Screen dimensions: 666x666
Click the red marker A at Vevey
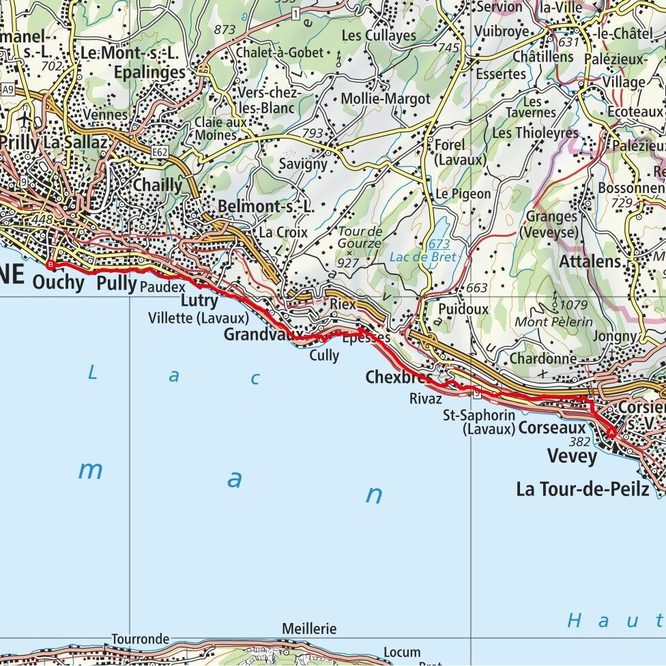pos(611,433)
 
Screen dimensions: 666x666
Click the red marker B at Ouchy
pos(49,263)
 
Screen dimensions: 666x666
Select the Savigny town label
pos(303,164)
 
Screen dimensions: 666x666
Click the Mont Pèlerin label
pos(553,321)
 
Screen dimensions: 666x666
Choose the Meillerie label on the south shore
pos(308,628)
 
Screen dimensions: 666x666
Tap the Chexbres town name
pos(399,377)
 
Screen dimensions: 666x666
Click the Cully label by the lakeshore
pos(324,356)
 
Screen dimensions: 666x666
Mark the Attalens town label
pos(590,261)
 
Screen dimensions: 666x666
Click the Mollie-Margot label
pos(386,98)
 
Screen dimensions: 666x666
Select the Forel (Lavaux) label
pos(459,152)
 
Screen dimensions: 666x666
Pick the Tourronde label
pos(140,639)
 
